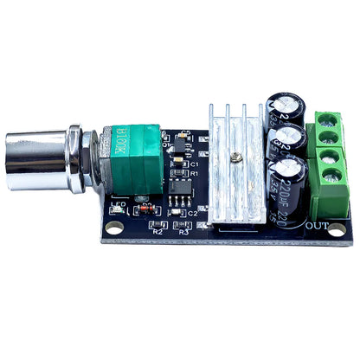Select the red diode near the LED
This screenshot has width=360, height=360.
pyautogui.click(x=148, y=210)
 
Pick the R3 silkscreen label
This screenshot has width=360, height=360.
pyautogui.click(x=183, y=231)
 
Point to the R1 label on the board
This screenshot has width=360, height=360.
pyautogui.click(x=195, y=175)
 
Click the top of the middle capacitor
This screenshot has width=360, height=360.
pyautogui.click(x=291, y=135)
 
